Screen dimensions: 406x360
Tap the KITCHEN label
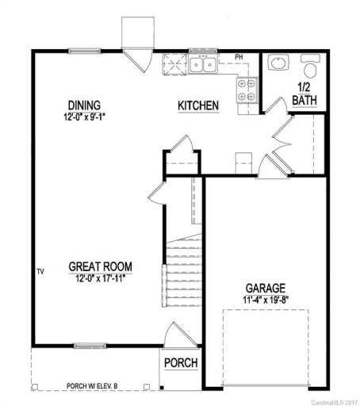click(197, 105)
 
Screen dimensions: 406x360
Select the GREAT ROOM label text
click(100, 266)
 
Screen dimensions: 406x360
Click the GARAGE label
click(266, 287)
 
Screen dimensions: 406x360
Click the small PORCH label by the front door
click(180, 363)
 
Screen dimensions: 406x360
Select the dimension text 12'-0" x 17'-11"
click(100, 278)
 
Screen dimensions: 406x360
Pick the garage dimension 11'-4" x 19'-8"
click(266, 299)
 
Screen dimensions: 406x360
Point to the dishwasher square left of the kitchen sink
click(174, 63)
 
